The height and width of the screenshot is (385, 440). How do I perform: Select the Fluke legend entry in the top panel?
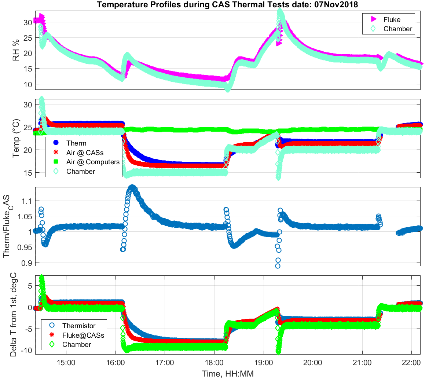coord(392,19)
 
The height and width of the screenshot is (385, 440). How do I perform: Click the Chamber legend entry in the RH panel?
coord(397,29)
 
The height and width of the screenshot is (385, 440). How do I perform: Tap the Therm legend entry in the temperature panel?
coord(76,143)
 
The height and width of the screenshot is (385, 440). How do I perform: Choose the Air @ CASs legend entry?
coord(85,153)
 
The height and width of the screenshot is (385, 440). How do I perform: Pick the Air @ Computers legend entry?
coord(93,162)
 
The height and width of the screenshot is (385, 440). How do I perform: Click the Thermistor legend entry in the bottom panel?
coord(78,326)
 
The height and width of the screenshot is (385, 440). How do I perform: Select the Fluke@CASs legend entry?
coord(83,335)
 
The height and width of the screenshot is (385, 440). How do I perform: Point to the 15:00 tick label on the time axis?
coord(66,363)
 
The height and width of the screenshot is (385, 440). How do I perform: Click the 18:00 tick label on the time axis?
coord(214,363)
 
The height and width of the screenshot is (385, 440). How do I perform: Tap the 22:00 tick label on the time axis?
coord(411,363)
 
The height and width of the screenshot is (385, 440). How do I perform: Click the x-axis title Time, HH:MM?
coord(227,374)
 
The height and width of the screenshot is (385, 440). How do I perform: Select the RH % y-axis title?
coord(16,50)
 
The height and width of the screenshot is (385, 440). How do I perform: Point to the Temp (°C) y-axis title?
coord(16,138)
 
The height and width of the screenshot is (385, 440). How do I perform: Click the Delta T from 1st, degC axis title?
coord(14,314)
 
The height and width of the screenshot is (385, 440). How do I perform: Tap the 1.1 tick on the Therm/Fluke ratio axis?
coord(27,201)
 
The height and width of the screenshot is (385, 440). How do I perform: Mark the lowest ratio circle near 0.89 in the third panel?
coord(278,266)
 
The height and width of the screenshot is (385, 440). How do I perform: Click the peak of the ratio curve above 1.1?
coord(132,187)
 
